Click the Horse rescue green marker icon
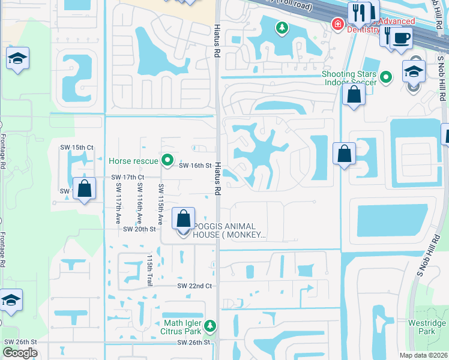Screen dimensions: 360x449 coord(168,160)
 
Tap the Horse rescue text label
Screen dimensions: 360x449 coord(134,160)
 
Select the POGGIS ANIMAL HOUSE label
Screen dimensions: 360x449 coord(229,230)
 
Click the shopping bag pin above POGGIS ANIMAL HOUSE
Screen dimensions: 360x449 coord(184,218)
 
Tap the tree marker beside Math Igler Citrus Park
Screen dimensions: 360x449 coord(209,326)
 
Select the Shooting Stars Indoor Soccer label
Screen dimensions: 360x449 coord(349,78)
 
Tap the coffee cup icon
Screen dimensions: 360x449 coord(401,38)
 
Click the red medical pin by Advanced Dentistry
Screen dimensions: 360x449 coord(338,25)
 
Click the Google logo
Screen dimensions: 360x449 coord(20,353)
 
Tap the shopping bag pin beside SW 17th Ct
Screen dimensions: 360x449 coord(85,188)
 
